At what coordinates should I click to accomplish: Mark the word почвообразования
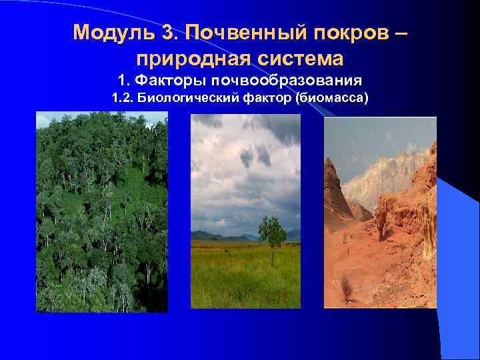[287, 81]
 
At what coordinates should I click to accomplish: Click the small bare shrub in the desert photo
[345, 287]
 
